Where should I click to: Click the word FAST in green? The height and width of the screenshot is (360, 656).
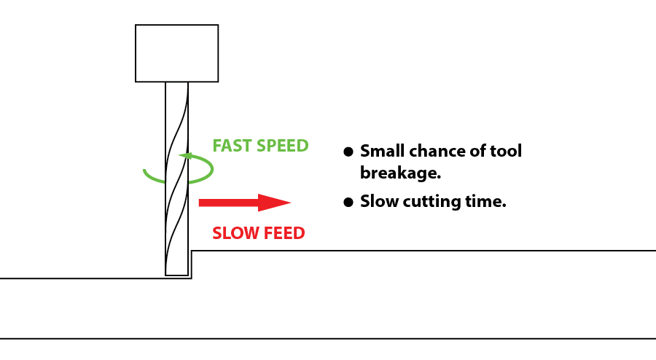click(x=233, y=146)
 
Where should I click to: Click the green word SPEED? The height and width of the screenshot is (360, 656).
click(x=283, y=146)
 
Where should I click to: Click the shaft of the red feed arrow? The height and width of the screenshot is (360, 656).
click(x=228, y=203)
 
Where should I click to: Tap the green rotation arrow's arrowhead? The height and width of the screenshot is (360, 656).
click(x=185, y=156)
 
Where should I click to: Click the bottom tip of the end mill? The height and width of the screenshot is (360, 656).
click(x=176, y=275)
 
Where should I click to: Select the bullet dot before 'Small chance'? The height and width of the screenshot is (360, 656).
click(x=348, y=152)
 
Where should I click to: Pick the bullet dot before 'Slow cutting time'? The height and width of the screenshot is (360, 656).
click(x=348, y=203)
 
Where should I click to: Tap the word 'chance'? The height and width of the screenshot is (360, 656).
click(x=437, y=151)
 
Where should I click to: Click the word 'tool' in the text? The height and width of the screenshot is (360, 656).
click(x=506, y=151)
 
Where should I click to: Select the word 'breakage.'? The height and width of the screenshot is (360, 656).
click(x=400, y=173)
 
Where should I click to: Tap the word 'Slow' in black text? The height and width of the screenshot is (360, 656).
click(x=380, y=201)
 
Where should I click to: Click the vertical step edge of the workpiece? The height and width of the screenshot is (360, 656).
click(x=192, y=265)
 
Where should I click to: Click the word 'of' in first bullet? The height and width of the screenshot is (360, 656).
click(x=477, y=151)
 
